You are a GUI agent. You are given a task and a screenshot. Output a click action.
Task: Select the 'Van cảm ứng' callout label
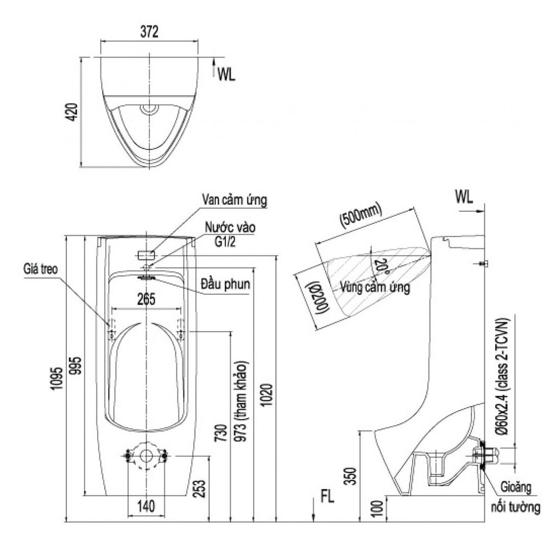234,200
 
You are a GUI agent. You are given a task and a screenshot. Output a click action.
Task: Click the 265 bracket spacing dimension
146,298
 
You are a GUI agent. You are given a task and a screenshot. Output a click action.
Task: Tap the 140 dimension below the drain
146,506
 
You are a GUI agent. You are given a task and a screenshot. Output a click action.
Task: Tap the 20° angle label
382,266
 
